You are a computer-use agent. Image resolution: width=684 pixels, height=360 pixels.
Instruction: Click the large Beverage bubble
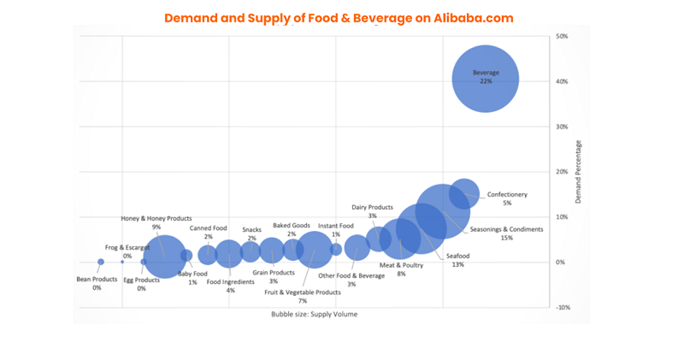pos(485,79)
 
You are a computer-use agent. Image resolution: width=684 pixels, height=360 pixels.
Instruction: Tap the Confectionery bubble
pos(464,193)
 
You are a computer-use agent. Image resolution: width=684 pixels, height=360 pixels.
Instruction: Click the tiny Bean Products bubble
pos(101,262)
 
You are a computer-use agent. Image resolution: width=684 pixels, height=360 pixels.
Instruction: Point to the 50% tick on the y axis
pos(562,37)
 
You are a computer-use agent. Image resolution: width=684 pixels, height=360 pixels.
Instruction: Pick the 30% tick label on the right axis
pos(562,127)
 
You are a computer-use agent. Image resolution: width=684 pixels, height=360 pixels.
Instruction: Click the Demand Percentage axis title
pos(579,172)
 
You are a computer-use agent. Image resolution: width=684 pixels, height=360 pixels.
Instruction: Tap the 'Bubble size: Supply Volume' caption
pos(315,315)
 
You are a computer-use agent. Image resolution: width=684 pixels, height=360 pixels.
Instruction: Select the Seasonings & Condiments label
pos(506,229)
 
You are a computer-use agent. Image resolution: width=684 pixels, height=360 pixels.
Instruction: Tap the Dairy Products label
pos(372,207)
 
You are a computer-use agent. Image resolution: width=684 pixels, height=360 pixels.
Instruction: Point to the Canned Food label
pos(208,228)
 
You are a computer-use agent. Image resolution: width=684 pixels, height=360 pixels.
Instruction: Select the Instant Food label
pos(336,226)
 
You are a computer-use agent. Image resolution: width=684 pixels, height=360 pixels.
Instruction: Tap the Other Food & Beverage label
pos(351,275)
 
